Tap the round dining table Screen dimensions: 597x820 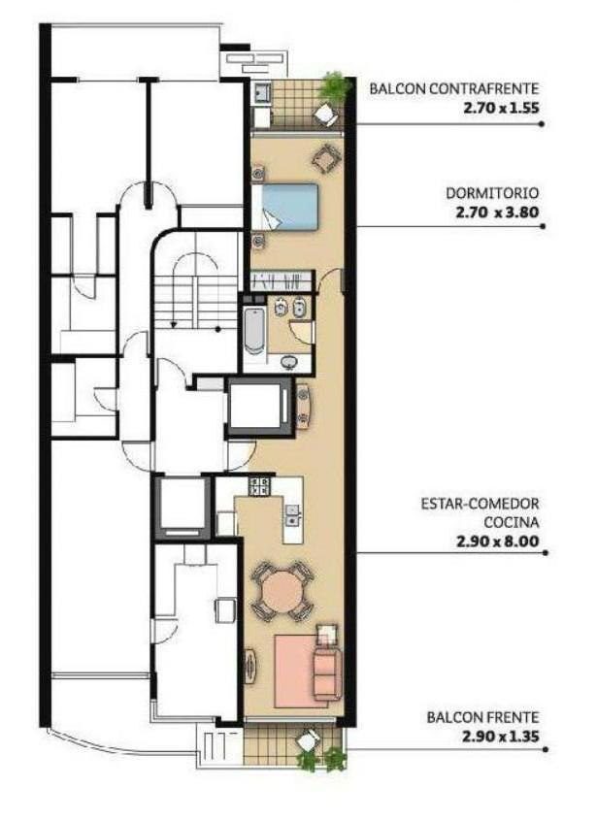click(x=282, y=591)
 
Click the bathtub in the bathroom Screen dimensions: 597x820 click(x=254, y=331)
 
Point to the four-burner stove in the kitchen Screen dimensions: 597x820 click(x=259, y=486)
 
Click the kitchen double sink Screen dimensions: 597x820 click(x=292, y=514)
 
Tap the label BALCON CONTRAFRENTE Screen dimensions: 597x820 click(x=453, y=88)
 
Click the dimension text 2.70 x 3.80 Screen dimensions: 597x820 click(x=497, y=213)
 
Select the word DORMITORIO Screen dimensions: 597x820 click(x=492, y=193)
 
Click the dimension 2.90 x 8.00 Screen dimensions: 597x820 click(x=498, y=541)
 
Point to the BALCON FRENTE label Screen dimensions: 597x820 click(x=482, y=717)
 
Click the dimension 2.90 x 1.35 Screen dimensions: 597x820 click(x=500, y=737)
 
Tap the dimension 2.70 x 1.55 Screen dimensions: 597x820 click(x=501, y=109)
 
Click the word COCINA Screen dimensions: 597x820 click(x=512, y=522)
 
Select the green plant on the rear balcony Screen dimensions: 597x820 click(x=334, y=86)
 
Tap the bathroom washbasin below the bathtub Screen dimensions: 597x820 click(x=287, y=362)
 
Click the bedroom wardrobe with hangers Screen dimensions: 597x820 click(x=282, y=281)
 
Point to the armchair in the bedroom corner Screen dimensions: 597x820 click(x=326, y=158)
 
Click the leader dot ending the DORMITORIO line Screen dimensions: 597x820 click(x=543, y=226)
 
